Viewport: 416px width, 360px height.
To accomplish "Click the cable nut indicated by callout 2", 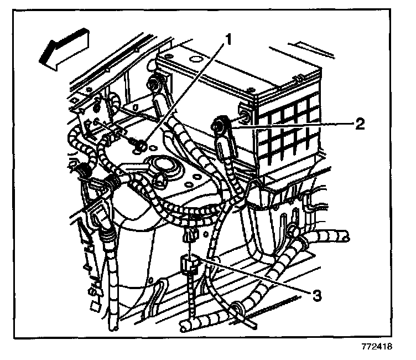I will pos(220,127).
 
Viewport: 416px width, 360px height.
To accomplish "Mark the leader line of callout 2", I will pos(293,126).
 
